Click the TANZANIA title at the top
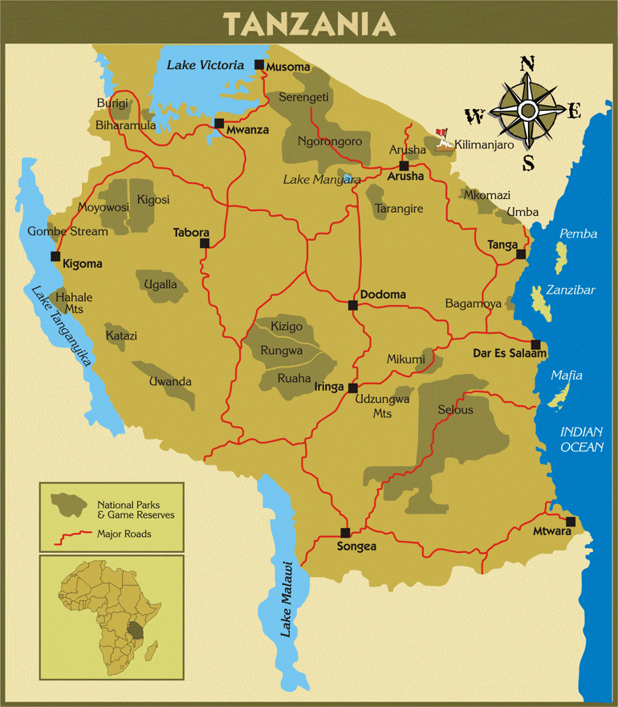tap(310, 23)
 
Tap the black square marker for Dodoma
tap(352, 305)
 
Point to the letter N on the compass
tap(527, 65)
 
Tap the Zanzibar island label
tap(570, 290)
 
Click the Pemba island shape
tap(561, 256)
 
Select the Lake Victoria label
tap(205, 65)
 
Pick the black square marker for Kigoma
tap(55, 257)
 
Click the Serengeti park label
tap(303, 97)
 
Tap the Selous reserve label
tap(455, 410)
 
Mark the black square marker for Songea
tap(345, 532)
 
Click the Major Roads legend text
tap(124, 533)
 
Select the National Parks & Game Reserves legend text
tap(136, 509)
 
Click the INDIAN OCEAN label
tap(582, 440)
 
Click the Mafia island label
tap(566, 376)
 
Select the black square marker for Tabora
tap(205, 242)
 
